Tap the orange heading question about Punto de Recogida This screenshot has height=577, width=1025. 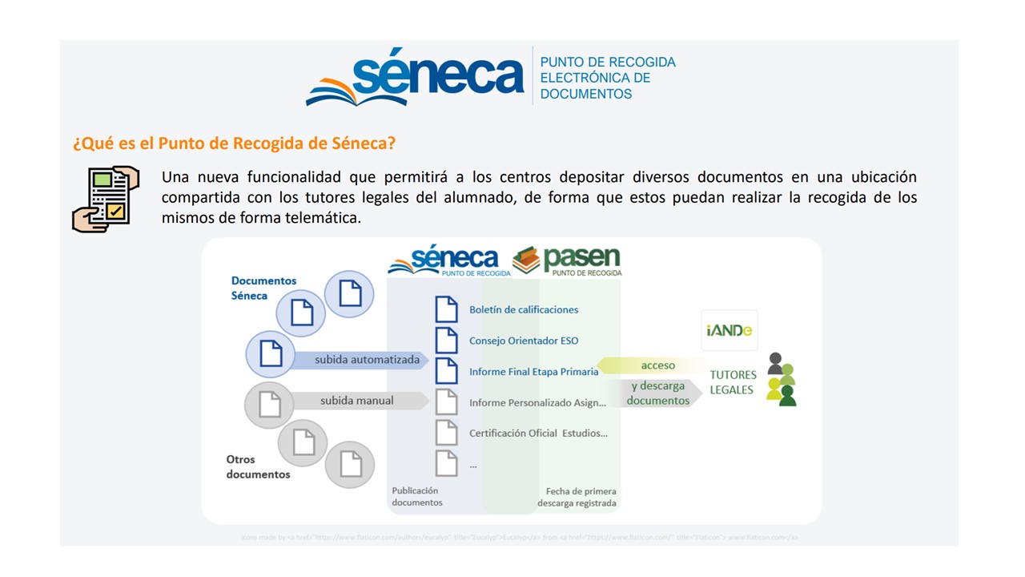point(234,143)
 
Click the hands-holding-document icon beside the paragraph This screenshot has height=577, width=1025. point(106,199)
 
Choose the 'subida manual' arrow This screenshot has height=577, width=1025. point(357,400)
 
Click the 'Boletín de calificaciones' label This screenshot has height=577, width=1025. point(524,309)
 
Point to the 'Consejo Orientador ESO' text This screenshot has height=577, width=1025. point(524,341)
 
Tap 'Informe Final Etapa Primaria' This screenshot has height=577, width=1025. point(533,372)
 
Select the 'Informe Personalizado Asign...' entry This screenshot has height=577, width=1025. point(537,403)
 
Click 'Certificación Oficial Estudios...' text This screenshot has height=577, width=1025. point(538,434)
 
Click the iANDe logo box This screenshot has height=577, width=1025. point(730,330)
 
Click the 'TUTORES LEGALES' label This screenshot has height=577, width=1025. point(733,382)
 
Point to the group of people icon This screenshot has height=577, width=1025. point(781,380)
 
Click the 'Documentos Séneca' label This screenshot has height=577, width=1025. point(263,288)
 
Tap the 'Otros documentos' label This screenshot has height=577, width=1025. point(258,466)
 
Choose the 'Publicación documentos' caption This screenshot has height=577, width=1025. point(417,496)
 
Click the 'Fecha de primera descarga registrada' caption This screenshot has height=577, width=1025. point(577,497)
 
